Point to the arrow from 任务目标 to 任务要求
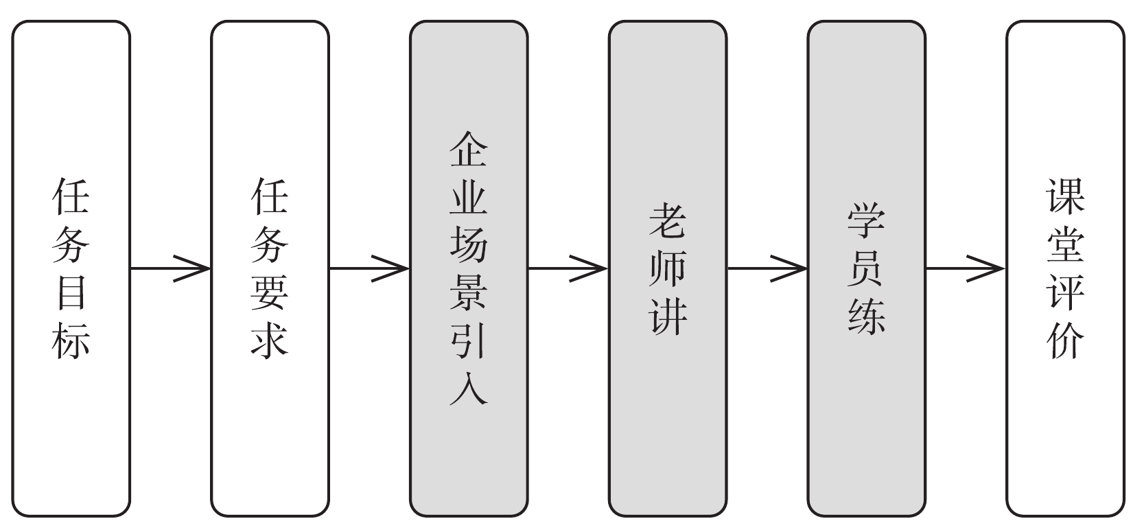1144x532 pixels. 170,268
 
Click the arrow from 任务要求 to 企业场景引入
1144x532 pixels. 369,268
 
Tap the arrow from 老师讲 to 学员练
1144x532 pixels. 767,268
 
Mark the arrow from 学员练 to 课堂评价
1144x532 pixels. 966,268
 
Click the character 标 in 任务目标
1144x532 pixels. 71,339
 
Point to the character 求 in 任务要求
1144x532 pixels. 270,339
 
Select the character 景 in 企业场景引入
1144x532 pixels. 469,292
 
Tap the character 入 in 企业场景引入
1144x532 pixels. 469,386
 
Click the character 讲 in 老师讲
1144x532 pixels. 667,315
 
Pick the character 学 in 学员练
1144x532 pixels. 866,221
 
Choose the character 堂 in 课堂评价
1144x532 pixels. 1065,244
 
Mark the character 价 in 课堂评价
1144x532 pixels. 1065,339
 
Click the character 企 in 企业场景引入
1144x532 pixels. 469,150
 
